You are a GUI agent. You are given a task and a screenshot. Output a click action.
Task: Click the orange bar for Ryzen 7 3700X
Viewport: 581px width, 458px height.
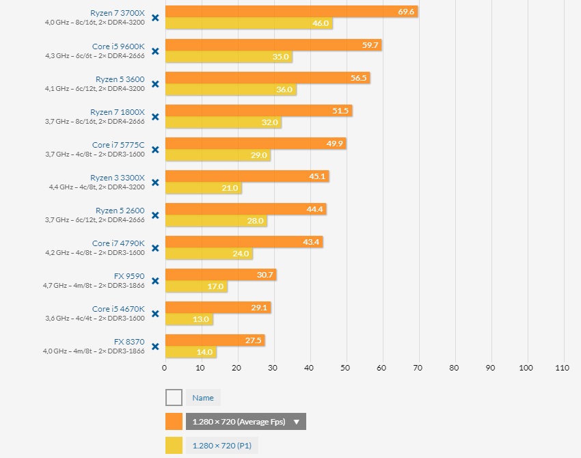pyautogui.click(x=291, y=12)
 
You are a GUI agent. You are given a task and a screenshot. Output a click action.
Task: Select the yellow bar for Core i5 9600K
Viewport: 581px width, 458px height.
pyautogui.click(x=228, y=57)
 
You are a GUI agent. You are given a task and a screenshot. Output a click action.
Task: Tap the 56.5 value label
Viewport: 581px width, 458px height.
pyautogui.click(x=359, y=78)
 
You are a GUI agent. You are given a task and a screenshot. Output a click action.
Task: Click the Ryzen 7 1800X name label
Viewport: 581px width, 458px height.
pyautogui.click(x=118, y=111)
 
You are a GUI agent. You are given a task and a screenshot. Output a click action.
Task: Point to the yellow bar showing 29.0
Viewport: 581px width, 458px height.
pyautogui.click(x=217, y=155)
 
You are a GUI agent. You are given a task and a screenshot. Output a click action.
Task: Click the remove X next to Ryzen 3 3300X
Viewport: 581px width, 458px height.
pyautogui.click(x=155, y=182)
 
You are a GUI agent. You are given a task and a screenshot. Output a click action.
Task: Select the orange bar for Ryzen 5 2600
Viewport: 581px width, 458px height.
pyautogui.click(x=245, y=209)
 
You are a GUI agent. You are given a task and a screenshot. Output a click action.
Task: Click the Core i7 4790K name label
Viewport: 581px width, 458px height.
pyautogui.click(x=118, y=243)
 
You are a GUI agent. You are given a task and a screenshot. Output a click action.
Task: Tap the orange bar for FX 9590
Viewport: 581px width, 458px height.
pyautogui.click(x=220, y=275)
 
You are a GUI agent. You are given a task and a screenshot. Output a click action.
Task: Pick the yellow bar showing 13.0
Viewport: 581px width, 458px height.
pyautogui.click(x=189, y=319)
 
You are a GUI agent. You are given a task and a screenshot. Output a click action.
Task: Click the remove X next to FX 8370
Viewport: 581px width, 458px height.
pyautogui.click(x=155, y=346)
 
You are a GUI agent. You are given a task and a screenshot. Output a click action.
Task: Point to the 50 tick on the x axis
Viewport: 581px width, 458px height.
pyautogui.click(x=345, y=367)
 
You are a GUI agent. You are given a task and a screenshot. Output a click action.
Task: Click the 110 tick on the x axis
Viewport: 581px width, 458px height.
pyautogui.click(x=562, y=367)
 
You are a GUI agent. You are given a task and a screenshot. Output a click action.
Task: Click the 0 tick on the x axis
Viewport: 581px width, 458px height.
pyautogui.click(x=165, y=367)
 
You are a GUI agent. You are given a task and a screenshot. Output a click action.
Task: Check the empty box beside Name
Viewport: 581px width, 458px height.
pyautogui.click(x=174, y=398)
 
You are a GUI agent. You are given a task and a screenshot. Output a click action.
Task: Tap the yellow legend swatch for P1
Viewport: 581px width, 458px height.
pyautogui.click(x=174, y=446)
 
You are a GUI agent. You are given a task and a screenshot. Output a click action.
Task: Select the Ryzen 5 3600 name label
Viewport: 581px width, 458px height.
pyautogui.click(x=120, y=79)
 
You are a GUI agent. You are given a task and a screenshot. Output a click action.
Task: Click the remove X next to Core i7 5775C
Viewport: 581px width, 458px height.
pyautogui.click(x=155, y=149)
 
